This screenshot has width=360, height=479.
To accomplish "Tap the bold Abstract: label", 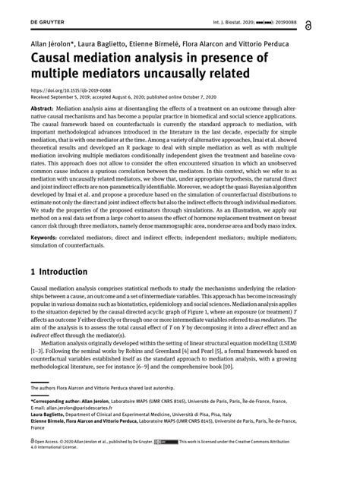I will (43, 109).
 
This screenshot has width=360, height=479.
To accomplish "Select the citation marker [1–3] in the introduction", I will (36, 364).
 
